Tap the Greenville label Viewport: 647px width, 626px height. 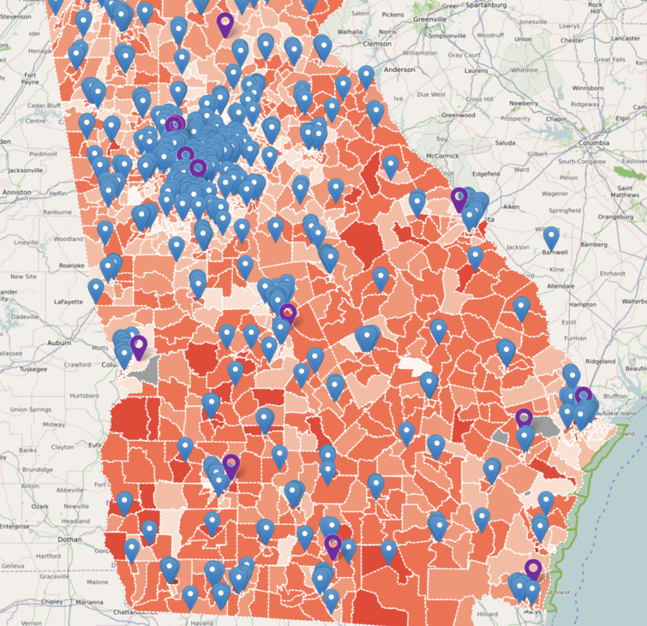tap(430, 19)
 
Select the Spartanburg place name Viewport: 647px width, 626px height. tap(483, 6)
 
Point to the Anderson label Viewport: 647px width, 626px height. tap(399, 69)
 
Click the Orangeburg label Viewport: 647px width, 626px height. tap(616, 216)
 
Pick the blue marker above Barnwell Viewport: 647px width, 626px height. tap(552, 237)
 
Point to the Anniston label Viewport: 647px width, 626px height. tap(16, 192)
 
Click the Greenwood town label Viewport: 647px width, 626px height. tap(458, 115)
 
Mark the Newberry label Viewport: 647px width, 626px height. tap(524, 103)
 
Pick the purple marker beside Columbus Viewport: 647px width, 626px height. tap(139, 345)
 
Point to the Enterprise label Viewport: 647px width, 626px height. tap(14, 526)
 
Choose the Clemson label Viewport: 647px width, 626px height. tap(377, 44)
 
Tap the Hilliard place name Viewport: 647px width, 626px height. tap(487, 613)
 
